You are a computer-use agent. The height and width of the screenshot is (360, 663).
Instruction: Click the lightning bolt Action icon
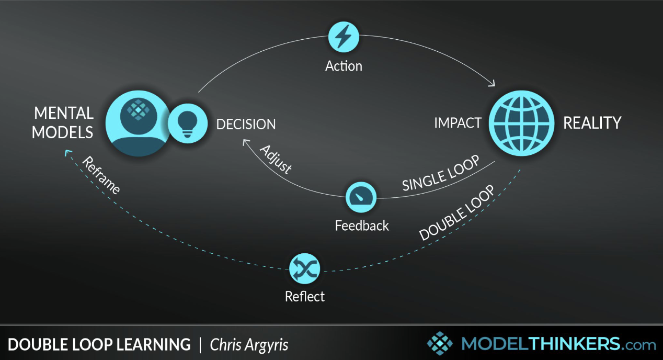tap(344, 37)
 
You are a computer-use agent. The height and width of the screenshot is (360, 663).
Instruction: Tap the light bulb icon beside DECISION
tap(188, 123)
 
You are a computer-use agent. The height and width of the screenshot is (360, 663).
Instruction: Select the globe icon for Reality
tap(521, 123)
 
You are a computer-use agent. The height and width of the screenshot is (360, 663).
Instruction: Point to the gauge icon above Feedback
tap(361, 197)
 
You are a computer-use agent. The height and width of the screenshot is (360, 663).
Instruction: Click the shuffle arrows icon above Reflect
tap(304, 268)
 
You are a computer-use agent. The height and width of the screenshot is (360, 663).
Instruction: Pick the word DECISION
tap(246, 124)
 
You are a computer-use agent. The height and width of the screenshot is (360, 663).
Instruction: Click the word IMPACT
tap(458, 123)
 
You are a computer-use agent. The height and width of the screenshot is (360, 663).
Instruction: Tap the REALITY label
tap(592, 123)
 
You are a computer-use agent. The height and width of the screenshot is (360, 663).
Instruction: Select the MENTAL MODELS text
tap(63, 122)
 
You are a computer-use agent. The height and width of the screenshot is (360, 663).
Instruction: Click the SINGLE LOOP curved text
tap(441, 173)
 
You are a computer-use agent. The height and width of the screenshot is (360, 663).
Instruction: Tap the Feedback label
tap(362, 226)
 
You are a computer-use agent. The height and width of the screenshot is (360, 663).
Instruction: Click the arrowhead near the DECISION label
tap(245, 142)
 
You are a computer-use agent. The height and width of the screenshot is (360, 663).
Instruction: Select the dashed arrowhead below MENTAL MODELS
tap(67, 153)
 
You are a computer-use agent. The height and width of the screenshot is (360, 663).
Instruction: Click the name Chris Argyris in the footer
tap(249, 345)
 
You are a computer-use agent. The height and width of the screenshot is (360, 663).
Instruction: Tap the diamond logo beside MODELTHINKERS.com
tap(440, 343)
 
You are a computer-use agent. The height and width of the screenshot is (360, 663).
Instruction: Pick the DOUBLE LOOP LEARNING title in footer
tap(99, 345)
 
